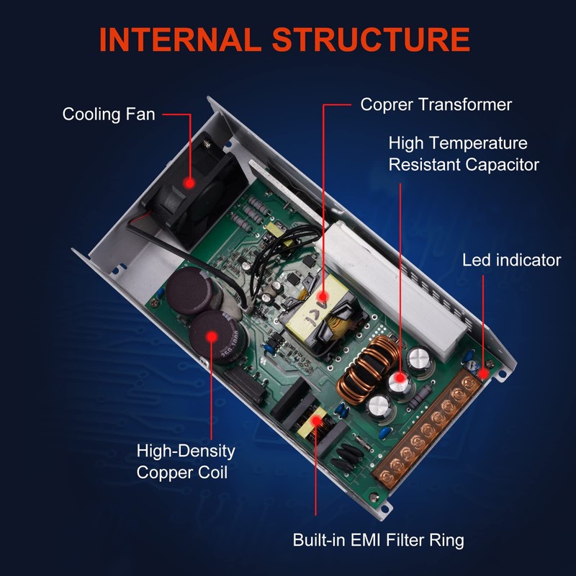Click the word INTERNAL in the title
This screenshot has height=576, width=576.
point(180,40)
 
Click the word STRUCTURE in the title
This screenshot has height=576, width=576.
point(371,40)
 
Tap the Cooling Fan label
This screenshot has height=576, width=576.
point(109,114)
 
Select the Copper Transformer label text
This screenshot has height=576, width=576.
point(436,104)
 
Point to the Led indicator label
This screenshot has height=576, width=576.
point(512,260)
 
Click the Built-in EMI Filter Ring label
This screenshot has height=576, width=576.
point(379,540)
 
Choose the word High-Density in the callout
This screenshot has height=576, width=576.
point(186,451)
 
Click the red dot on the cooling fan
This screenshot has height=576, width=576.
point(189,183)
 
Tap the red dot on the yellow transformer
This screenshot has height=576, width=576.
point(323,296)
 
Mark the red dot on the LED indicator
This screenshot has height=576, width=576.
point(483,374)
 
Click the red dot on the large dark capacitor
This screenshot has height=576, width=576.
point(212,336)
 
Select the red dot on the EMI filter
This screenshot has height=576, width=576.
point(315,420)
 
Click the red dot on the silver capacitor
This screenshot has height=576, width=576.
point(400,377)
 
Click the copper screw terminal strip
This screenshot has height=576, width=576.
point(426,431)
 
